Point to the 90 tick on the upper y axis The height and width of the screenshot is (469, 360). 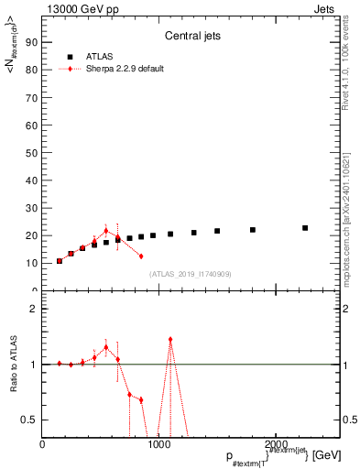(x=34, y=42)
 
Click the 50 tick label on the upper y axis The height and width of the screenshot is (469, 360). (x=34, y=152)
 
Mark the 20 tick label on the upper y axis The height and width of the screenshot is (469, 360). (x=34, y=235)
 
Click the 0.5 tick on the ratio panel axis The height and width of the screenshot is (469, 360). (x=32, y=420)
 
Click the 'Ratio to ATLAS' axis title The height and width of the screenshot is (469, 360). (x=13, y=365)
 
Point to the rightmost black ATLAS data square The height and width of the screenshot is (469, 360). (x=305, y=228)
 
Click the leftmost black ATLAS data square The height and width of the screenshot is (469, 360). (x=60, y=261)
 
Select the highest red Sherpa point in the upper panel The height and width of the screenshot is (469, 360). (x=106, y=231)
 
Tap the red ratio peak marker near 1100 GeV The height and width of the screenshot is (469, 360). (x=170, y=339)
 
